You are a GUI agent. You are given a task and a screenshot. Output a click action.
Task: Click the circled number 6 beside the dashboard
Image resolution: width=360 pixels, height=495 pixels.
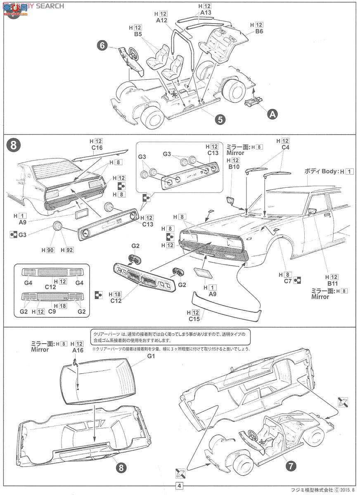coord(102,45)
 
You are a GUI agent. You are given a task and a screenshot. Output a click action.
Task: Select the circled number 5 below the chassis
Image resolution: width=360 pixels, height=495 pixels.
coord(220,119)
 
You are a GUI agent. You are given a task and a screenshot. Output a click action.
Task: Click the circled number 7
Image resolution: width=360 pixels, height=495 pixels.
coord(291,467)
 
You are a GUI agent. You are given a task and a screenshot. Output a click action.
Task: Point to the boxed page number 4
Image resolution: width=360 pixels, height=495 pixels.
coord(180,486)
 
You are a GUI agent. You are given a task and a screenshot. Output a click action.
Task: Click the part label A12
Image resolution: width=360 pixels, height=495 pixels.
coord(161,20)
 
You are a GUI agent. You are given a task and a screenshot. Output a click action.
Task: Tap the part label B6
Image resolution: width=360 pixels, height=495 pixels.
coord(259,31)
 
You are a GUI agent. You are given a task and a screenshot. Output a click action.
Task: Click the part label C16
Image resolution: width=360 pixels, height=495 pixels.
coord(97,148)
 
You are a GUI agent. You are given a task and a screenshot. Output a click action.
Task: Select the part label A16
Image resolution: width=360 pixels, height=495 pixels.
coord(78,350)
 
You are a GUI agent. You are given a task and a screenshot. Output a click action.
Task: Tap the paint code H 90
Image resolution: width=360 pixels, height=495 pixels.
coord(49,250)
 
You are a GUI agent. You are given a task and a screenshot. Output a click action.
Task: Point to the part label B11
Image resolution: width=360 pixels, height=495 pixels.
coord(333,284)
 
